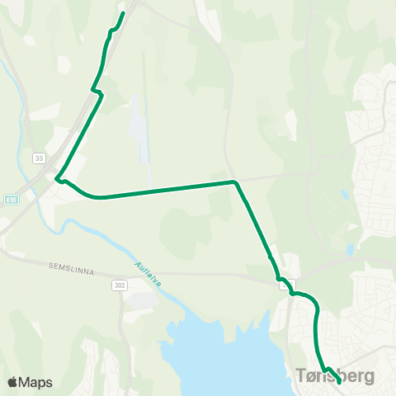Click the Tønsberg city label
(334, 376)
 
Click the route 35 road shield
(39, 157)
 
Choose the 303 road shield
(120, 284)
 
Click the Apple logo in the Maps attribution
(13, 382)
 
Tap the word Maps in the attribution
(36, 382)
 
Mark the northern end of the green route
(123, 13)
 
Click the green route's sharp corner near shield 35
(58, 177)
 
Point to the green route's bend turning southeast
(235, 181)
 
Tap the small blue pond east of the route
(344, 195)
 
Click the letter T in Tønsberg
(301, 376)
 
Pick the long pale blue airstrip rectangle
(141, 132)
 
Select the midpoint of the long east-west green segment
(165, 190)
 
